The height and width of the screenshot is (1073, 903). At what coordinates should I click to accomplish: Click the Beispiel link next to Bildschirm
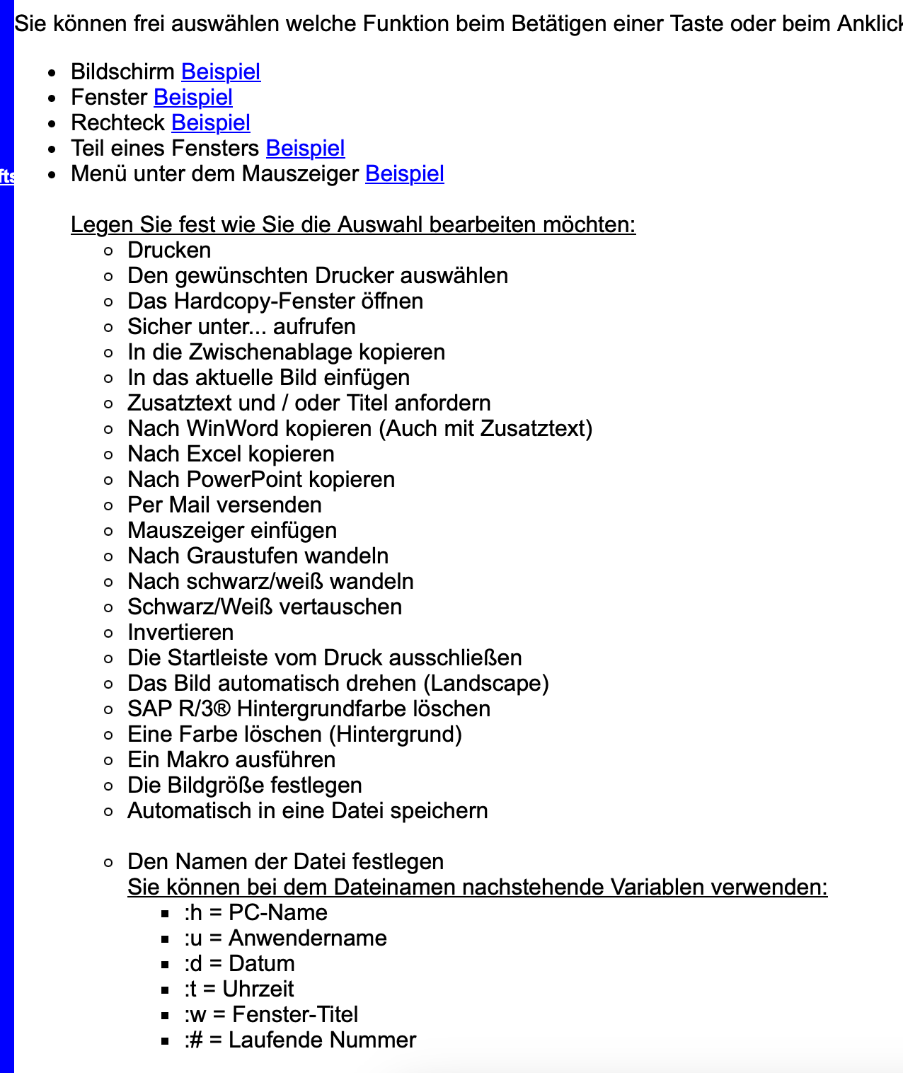[221, 72]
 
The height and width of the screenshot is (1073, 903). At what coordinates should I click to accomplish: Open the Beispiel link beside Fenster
[193, 98]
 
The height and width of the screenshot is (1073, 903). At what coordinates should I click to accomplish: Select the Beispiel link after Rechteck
[211, 123]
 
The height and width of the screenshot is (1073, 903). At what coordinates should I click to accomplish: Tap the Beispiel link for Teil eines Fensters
[306, 149]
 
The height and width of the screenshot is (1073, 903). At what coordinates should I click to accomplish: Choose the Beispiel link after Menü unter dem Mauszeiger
[405, 174]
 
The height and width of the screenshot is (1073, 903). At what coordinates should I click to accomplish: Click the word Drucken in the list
[169, 251]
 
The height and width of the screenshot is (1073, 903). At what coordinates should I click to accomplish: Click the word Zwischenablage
[281, 352]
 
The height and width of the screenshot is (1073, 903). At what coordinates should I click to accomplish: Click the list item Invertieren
[180, 633]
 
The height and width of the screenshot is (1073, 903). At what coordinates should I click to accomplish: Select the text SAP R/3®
[179, 709]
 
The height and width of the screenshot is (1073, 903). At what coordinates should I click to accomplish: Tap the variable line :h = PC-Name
[255, 913]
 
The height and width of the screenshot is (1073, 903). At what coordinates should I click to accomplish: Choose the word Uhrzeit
[258, 989]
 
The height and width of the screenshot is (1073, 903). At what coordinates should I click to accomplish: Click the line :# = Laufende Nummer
[300, 1040]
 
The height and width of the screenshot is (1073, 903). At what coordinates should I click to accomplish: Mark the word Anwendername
[308, 939]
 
